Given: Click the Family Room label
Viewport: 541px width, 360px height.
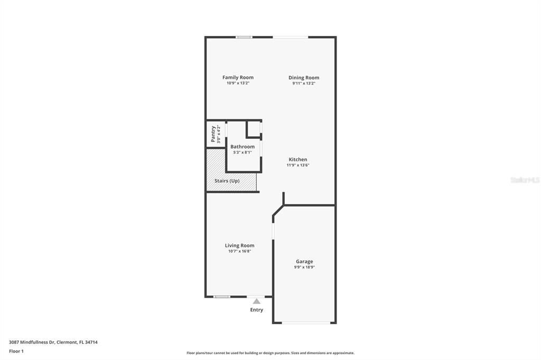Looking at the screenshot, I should (x=238, y=78).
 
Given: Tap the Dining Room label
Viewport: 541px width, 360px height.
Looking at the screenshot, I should (x=304, y=78).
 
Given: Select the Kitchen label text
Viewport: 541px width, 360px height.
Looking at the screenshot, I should (x=297, y=159).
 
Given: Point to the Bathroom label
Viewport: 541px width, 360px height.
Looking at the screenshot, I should (x=242, y=147).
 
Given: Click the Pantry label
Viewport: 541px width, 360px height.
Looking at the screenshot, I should (x=213, y=134).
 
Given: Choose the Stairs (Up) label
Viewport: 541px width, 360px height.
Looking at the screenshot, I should (x=227, y=181).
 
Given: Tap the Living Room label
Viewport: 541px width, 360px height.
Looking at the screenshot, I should (x=239, y=245).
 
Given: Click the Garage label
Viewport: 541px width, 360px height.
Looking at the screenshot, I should (x=304, y=261).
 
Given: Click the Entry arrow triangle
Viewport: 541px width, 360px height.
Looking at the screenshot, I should (x=257, y=301).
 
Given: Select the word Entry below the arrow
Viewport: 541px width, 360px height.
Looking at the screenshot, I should (x=257, y=310).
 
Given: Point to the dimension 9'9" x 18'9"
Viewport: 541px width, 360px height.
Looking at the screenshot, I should (x=304, y=267).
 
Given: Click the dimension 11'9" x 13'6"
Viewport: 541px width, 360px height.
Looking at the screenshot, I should (x=297, y=165).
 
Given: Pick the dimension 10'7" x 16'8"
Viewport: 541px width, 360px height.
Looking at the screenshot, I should (x=239, y=251).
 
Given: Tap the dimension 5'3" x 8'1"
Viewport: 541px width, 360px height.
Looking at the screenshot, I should (x=242, y=153).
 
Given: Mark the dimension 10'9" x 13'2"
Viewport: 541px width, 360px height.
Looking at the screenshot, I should (x=238, y=83).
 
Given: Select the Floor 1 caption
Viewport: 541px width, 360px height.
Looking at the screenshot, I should (x=16, y=351).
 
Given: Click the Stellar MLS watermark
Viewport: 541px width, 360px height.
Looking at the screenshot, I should (x=525, y=180).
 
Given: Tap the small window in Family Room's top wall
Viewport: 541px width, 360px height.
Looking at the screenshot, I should (x=244, y=37).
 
